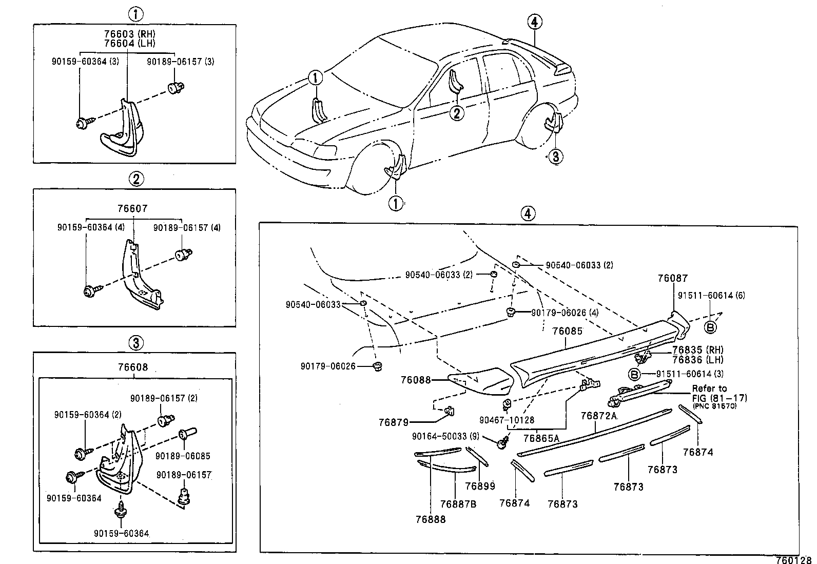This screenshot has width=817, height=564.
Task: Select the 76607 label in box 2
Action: click(x=132, y=209)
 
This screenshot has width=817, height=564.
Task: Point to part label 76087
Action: click(x=673, y=278)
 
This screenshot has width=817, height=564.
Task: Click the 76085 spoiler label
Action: click(x=568, y=332)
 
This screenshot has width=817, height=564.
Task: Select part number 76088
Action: click(x=416, y=380)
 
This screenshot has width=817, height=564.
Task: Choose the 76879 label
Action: click(x=394, y=422)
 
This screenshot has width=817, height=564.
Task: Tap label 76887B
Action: click(x=458, y=504)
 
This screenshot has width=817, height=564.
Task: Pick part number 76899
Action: click(x=480, y=486)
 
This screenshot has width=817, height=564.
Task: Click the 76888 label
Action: click(x=431, y=519)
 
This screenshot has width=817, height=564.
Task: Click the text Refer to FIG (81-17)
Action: click(x=718, y=393)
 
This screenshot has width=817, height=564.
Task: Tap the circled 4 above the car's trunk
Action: click(x=534, y=22)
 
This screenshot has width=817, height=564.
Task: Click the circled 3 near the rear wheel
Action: click(x=556, y=156)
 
